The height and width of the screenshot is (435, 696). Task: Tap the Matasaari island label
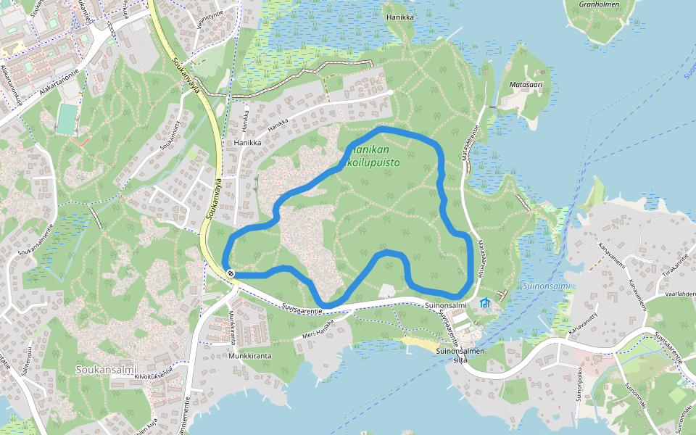point(526,85)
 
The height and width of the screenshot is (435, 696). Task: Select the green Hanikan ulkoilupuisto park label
point(373,157)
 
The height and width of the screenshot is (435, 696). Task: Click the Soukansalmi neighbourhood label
point(106,369)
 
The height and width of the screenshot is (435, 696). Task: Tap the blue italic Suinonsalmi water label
point(546,286)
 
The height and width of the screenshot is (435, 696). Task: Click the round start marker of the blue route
point(231,273)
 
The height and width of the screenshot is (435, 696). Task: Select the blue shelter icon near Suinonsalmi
point(485,302)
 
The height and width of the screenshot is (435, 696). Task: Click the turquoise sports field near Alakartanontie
point(66,120)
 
